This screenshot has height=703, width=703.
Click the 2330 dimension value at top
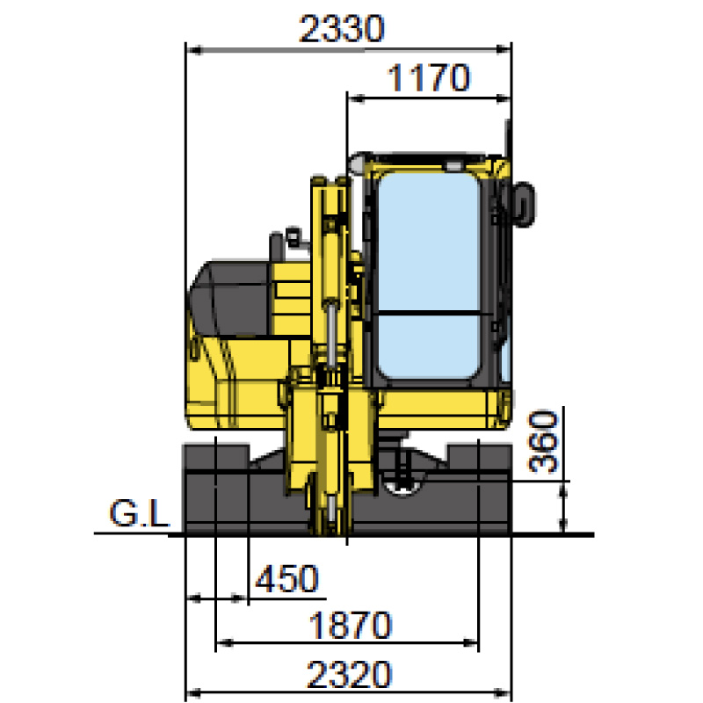(x=342, y=29)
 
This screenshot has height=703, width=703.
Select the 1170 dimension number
(x=429, y=78)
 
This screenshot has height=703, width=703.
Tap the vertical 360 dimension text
(x=543, y=442)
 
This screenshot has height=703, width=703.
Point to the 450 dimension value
(x=287, y=579)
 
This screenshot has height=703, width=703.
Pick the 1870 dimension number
(x=350, y=625)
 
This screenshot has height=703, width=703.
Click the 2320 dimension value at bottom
(x=349, y=674)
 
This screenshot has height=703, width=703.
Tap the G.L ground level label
(x=140, y=513)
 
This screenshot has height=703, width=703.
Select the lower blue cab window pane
(x=429, y=346)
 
